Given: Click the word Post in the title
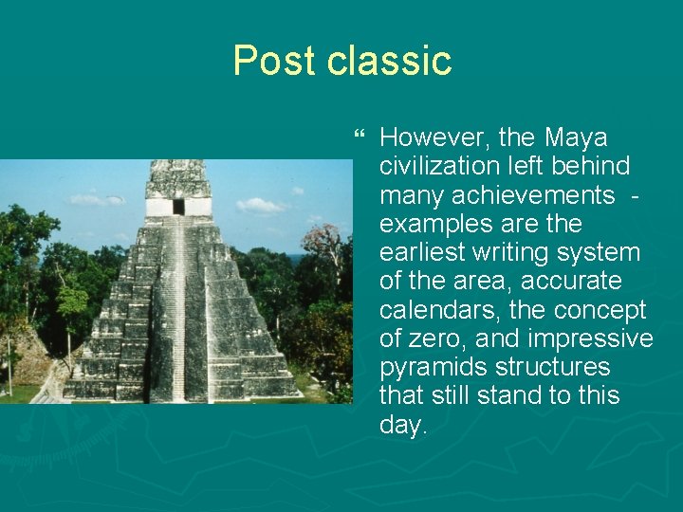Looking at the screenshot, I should tap(274, 62).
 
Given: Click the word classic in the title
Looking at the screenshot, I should tap(390, 62).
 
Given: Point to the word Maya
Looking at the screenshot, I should tap(576, 138).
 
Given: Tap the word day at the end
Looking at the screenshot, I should tap(402, 426).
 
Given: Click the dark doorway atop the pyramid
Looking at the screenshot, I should tap(178, 206).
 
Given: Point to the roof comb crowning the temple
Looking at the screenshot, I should tap(177, 177).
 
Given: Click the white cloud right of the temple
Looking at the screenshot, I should tap(259, 205).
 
